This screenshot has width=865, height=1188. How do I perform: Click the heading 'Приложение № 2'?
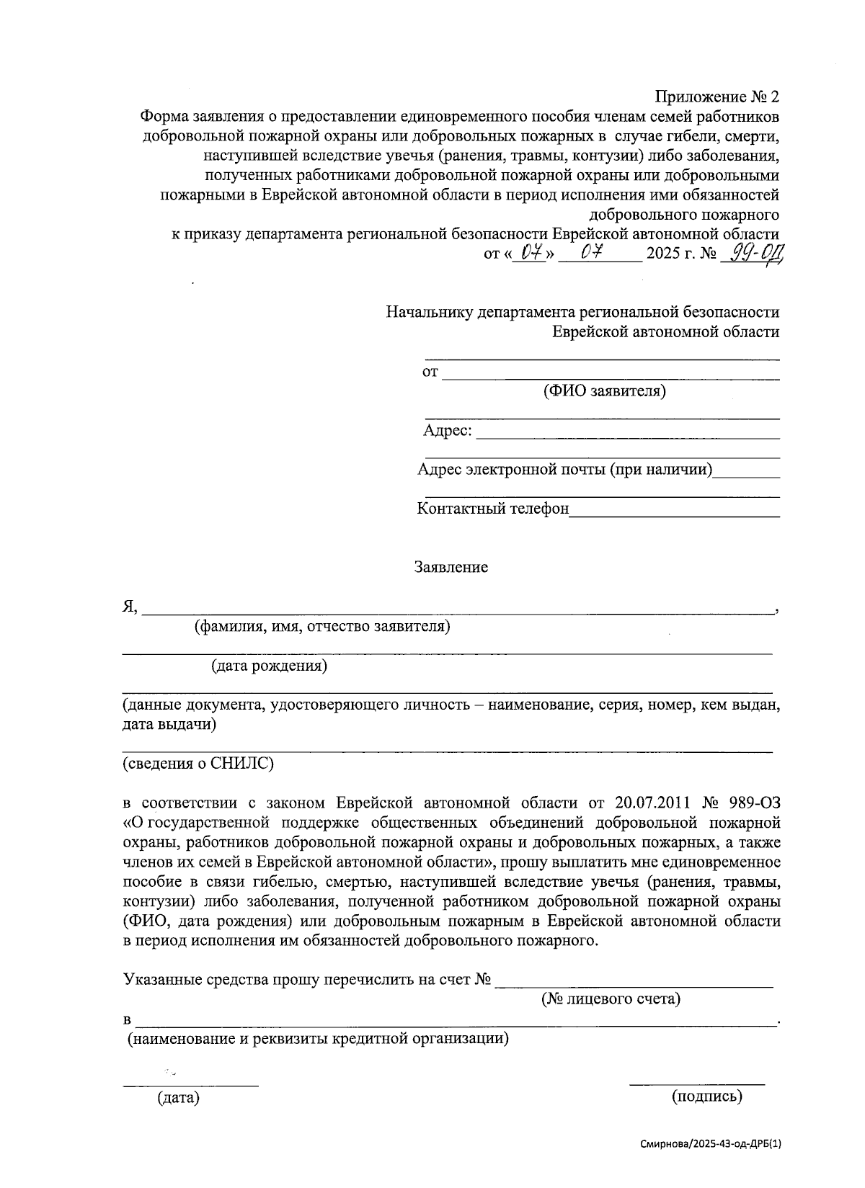coord(717,97)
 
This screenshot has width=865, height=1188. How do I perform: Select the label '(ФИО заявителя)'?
coord(604,391)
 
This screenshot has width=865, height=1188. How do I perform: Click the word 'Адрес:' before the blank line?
coord(448,431)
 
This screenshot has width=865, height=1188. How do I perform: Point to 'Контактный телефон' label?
coord(493,509)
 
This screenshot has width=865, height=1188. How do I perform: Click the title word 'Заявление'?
coord(451,567)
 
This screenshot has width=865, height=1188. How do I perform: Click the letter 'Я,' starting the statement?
coord(130,607)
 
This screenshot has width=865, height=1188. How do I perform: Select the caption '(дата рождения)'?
coord(269,666)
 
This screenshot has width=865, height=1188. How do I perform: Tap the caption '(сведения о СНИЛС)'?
coord(198,763)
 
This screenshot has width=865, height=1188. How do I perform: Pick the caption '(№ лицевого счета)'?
coord(611,999)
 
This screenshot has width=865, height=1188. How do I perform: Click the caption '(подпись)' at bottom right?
coord(706,1097)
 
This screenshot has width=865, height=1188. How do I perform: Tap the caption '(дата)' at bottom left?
coord(178,1098)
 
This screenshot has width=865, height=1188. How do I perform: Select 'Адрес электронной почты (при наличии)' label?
coord(564,470)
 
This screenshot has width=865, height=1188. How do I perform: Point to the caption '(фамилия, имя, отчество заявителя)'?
coord(322,626)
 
